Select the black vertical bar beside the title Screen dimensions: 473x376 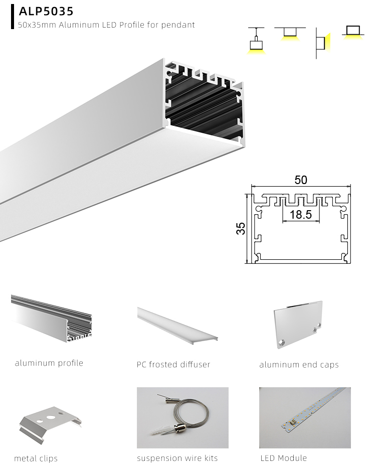click(x=12, y=17)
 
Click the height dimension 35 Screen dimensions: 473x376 click(x=241, y=228)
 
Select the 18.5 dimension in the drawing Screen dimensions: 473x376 click(x=300, y=215)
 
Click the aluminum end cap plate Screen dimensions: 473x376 click(x=298, y=327)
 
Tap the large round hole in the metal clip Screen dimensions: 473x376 click(x=50, y=417)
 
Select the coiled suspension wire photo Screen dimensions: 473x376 click(x=182, y=417)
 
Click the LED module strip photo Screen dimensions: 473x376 click(x=305, y=417)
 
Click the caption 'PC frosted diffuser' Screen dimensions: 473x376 click(x=173, y=365)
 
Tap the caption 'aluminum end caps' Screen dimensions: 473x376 click(x=299, y=365)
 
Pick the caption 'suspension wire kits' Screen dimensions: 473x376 click(x=177, y=458)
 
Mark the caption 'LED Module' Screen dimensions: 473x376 click(x=283, y=458)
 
